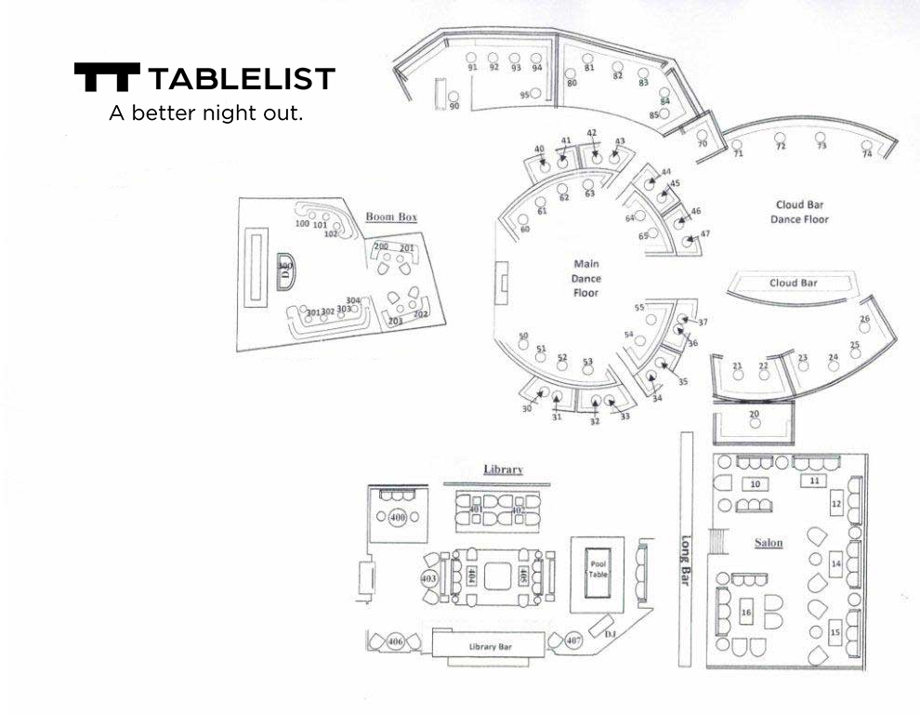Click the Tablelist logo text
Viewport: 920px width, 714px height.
point(240,78)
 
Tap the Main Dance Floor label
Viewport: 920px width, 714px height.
point(586,278)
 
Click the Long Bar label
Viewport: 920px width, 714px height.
point(686,559)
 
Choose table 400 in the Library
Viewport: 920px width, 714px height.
point(399,517)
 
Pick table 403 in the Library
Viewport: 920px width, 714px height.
point(428,578)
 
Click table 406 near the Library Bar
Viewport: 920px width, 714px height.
point(395,642)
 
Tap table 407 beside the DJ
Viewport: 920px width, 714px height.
point(573,641)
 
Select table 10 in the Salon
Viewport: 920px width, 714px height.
point(756,484)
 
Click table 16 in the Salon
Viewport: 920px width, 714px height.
point(814,481)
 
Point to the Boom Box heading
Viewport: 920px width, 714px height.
point(391,217)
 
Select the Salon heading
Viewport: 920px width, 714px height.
point(769,543)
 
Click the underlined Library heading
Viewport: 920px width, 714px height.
point(503,469)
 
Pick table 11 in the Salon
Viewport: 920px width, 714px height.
point(814,481)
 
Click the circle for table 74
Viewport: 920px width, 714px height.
point(866,145)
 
